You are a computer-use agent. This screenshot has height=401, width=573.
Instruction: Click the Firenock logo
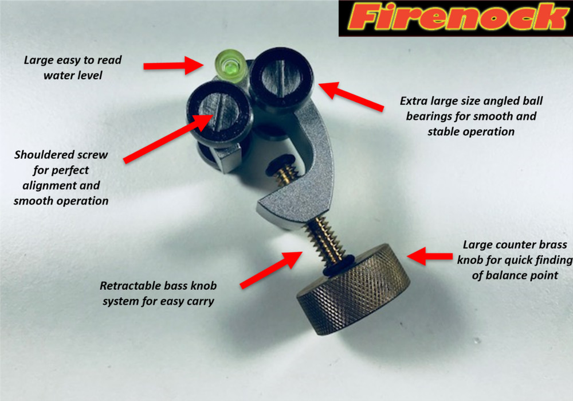tap(455, 18)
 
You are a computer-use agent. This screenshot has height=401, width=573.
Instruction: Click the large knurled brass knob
tap(353, 290)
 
